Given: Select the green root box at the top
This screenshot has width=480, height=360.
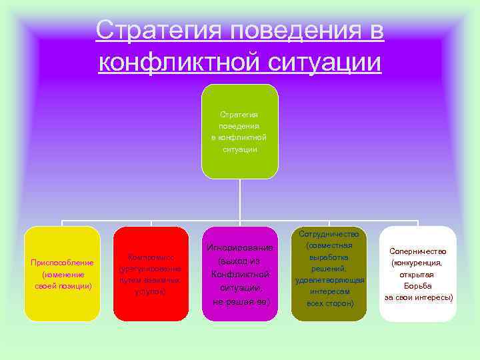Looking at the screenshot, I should click(240, 131).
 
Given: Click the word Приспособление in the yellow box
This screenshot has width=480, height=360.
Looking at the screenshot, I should click(62, 262).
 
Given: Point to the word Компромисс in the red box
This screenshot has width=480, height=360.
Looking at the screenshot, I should click(151, 257).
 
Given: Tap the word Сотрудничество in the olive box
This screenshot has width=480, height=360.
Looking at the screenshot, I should click(329, 234).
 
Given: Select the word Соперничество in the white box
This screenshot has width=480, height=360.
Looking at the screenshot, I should click(418, 251).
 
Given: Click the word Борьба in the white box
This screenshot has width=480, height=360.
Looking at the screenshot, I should click(418, 285).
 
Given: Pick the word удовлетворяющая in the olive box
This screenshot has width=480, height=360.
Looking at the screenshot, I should click(329, 280).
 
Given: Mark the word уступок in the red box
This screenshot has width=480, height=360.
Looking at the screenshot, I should click(150, 291).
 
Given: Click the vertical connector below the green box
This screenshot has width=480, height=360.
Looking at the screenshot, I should click(240, 200).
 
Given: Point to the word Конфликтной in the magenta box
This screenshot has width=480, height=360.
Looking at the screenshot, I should click(240, 274).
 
